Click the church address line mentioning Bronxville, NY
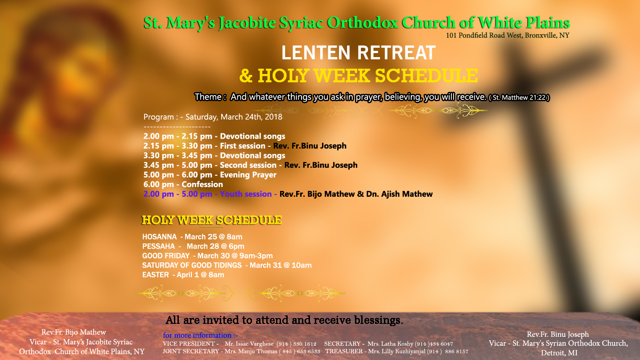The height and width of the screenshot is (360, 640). (508, 36)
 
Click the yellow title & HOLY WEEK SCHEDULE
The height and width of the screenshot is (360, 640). (359, 76)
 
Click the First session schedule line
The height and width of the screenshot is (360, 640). (244, 146)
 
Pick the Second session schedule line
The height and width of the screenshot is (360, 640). (250, 165)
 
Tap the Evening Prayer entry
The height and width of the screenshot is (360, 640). (210, 175)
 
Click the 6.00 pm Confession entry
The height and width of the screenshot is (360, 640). (183, 184)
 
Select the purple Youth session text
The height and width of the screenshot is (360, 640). (210, 194)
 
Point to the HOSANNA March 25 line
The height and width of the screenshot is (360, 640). (192, 237)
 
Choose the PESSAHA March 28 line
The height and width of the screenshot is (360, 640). (193, 246)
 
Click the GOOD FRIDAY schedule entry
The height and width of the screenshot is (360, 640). (207, 256)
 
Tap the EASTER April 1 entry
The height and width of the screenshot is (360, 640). (183, 275)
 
